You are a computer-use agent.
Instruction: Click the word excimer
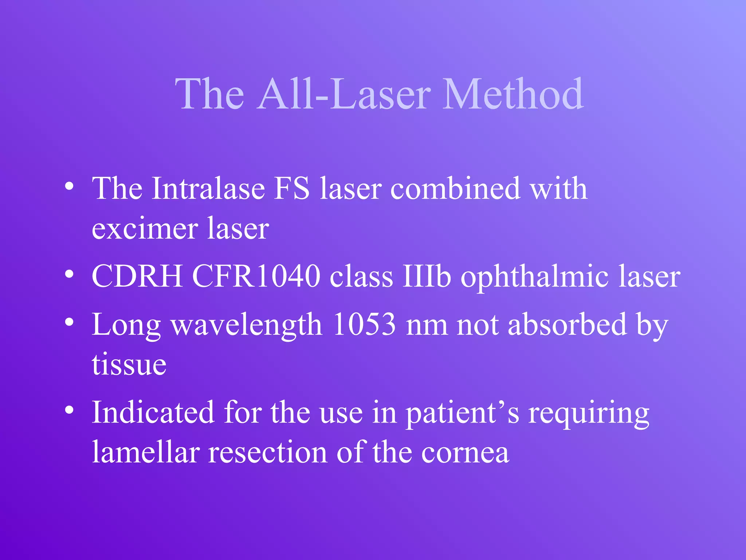[145, 229]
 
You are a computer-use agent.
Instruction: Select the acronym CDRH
[137, 276]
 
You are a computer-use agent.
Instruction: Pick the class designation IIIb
[427, 276]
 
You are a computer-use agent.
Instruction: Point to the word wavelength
[247, 325]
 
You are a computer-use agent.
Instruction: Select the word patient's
[463, 413]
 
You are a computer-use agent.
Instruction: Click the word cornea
[465, 454]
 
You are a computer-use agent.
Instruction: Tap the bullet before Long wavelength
[69, 322]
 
